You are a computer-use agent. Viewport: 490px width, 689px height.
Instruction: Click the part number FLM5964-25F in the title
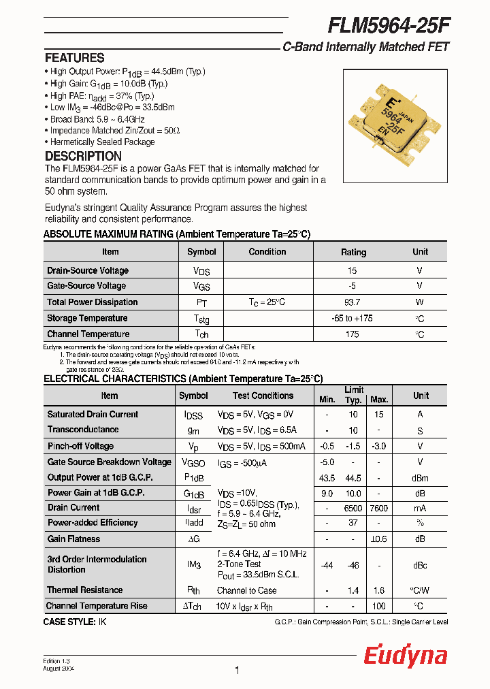(x=389, y=26)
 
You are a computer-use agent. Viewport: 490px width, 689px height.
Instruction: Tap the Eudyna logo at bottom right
(x=405, y=656)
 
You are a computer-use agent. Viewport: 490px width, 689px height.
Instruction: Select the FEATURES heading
(x=75, y=58)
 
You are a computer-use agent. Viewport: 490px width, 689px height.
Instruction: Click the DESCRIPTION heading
(x=83, y=156)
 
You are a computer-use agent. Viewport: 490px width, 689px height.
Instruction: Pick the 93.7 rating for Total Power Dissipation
(x=353, y=302)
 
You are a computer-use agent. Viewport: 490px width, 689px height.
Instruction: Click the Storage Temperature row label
(x=87, y=318)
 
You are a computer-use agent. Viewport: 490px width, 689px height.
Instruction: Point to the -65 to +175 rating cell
(x=353, y=318)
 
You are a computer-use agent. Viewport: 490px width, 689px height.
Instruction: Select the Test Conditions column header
(x=263, y=396)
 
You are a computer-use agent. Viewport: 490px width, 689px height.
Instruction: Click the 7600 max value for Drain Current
(x=379, y=508)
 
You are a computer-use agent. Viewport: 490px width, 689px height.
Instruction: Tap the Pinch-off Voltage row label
(x=80, y=446)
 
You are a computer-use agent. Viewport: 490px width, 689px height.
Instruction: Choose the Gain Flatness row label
(x=73, y=539)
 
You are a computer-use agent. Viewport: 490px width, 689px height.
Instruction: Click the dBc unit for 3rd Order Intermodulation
(x=421, y=564)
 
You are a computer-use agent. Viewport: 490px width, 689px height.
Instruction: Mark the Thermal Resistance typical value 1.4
(x=353, y=590)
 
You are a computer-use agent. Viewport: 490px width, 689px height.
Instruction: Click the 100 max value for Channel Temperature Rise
(x=379, y=606)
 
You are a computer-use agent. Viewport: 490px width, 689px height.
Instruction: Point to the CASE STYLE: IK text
(x=75, y=622)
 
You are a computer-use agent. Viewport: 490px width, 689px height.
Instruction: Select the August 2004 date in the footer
(x=59, y=669)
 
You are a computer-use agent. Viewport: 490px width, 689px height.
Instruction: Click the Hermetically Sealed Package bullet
(x=103, y=142)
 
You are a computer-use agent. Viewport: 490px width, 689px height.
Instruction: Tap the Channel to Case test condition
(x=246, y=590)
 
